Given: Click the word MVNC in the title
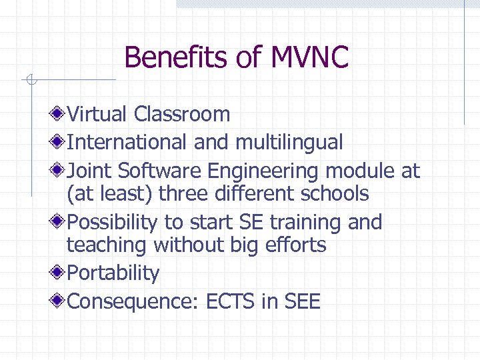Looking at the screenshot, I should pos(309,57).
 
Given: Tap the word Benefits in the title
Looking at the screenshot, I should pos(177,57).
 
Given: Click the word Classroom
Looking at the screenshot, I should pos(181,114).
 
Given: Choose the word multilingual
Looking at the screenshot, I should pos(289,142).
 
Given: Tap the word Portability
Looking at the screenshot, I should pos(113,273).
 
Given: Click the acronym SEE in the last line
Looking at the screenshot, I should pos(302,301).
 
